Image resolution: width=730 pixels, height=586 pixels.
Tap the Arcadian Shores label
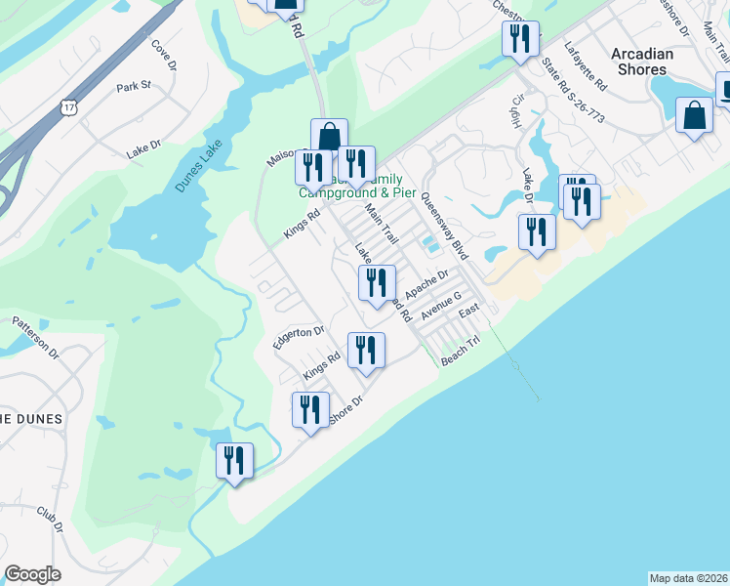click(x=643, y=62)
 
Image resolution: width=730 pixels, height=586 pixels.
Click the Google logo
click(x=32, y=574)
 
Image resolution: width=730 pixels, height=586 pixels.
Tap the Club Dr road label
click(x=50, y=519)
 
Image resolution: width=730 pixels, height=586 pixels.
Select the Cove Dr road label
click(x=163, y=56)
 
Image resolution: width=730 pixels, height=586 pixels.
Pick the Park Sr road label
click(x=134, y=87)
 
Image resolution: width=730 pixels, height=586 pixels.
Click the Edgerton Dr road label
click(x=299, y=332)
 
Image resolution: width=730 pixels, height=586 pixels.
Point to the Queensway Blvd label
click(x=445, y=225)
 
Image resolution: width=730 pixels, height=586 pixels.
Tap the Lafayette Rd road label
click(x=587, y=67)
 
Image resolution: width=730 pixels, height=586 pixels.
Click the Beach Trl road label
click(x=462, y=352)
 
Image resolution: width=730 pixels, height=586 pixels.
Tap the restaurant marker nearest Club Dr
click(x=234, y=461)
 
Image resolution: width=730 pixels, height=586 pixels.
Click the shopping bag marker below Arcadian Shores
click(x=693, y=116)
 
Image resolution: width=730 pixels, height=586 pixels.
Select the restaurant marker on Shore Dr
click(x=310, y=411)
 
